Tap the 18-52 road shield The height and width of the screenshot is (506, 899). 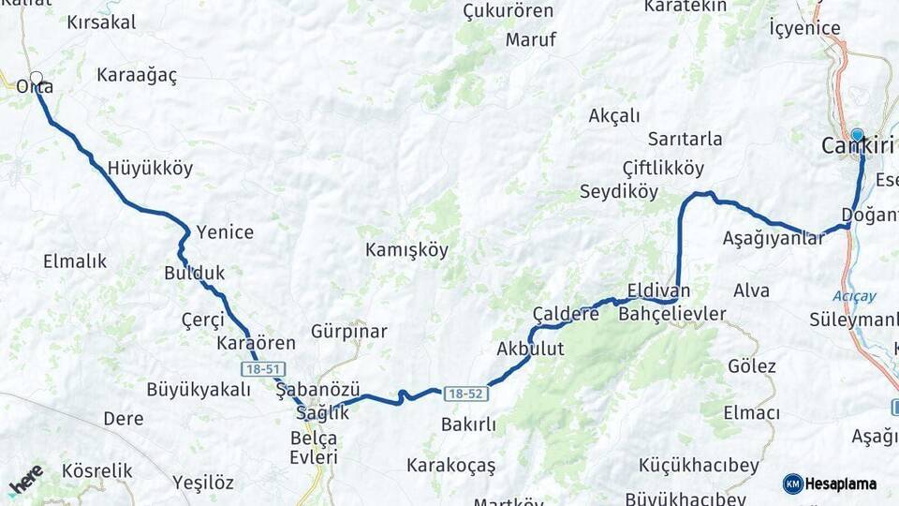[x=464, y=394]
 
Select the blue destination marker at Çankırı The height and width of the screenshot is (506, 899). [x=857, y=136]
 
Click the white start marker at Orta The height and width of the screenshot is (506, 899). [x=36, y=79]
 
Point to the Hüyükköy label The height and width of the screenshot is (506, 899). [x=150, y=169]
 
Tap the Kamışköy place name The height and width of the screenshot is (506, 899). [x=406, y=250]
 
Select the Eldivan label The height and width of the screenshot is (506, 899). [x=658, y=290]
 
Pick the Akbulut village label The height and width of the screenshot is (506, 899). [x=530, y=349]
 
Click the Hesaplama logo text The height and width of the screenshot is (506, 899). [x=840, y=484]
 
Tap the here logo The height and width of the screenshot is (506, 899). [x=26, y=480]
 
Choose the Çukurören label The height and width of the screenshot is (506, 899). [x=508, y=11]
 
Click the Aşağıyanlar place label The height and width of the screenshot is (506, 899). [x=774, y=238]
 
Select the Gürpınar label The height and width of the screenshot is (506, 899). [x=348, y=332]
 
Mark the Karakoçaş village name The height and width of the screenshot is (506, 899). [x=450, y=465]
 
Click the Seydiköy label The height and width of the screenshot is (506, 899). [x=619, y=191]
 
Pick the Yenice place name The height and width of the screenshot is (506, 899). [x=225, y=232]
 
